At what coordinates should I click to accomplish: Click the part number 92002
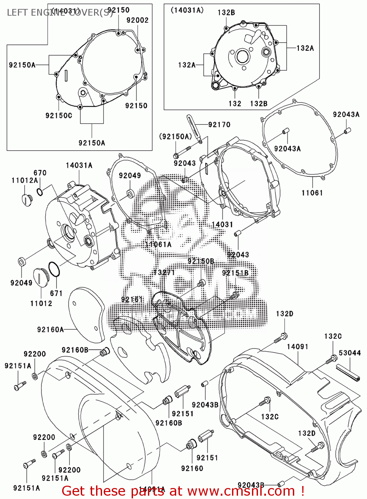pyautogui.click(x=137, y=20)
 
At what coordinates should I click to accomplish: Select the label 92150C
pyautogui.click(x=59, y=115)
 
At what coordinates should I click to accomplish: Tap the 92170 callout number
pyautogui.click(x=219, y=124)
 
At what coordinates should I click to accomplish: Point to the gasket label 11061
pyautogui.click(x=312, y=193)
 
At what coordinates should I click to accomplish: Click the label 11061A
pyautogui.click(x=158, y=245)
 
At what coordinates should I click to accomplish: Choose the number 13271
pyautogui.click(x=164, y=272)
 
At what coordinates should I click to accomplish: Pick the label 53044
pyautogui.click(x=350, y=353)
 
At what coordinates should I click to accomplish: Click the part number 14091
pyautogui.click(x=298, y=347)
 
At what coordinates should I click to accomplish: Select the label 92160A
pyautogui.click(x=50, y=329)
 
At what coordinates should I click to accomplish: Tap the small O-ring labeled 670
pyautogui.click(x=40, y=192)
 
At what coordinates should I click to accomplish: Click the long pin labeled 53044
pyautogui.click(x=348, y=373)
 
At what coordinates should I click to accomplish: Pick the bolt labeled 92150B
pyautogui.click(x=201, y=283)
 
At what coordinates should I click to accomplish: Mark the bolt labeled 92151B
pyautogui.click(x=235, y=295)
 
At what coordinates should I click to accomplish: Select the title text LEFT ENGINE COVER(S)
pyautogui.click(x=60, y=13)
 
